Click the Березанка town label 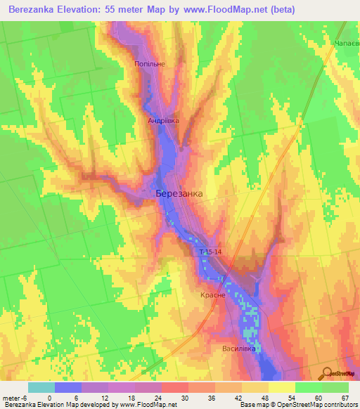179,193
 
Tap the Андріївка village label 163,121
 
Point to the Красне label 213,295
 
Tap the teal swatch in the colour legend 41,387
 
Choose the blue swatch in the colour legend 67,387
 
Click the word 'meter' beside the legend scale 11,397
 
